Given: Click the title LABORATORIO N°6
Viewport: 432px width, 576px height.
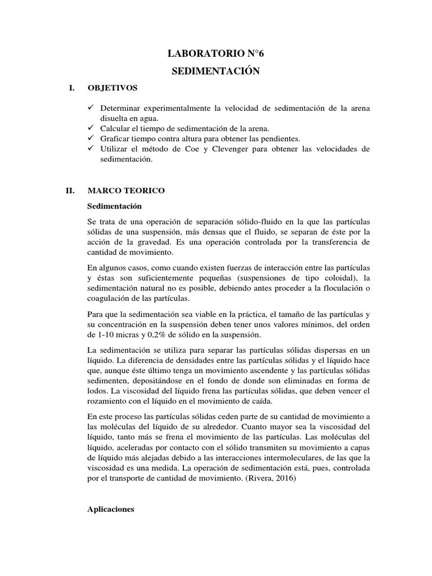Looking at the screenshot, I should (x=215, y=54).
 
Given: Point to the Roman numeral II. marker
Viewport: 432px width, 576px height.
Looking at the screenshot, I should (x=70, y=191).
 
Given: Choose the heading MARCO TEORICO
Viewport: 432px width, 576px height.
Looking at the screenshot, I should (x=126, y=191).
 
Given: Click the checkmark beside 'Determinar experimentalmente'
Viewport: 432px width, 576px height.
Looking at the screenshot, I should (x=93, y=107).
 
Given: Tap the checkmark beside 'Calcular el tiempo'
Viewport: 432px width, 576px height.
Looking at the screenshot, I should (x=93, y=128).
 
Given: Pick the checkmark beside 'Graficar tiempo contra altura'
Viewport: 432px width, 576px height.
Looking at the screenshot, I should (x=93, y=138).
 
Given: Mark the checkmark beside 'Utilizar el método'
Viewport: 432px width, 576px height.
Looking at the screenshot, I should (x=93, y=148).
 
